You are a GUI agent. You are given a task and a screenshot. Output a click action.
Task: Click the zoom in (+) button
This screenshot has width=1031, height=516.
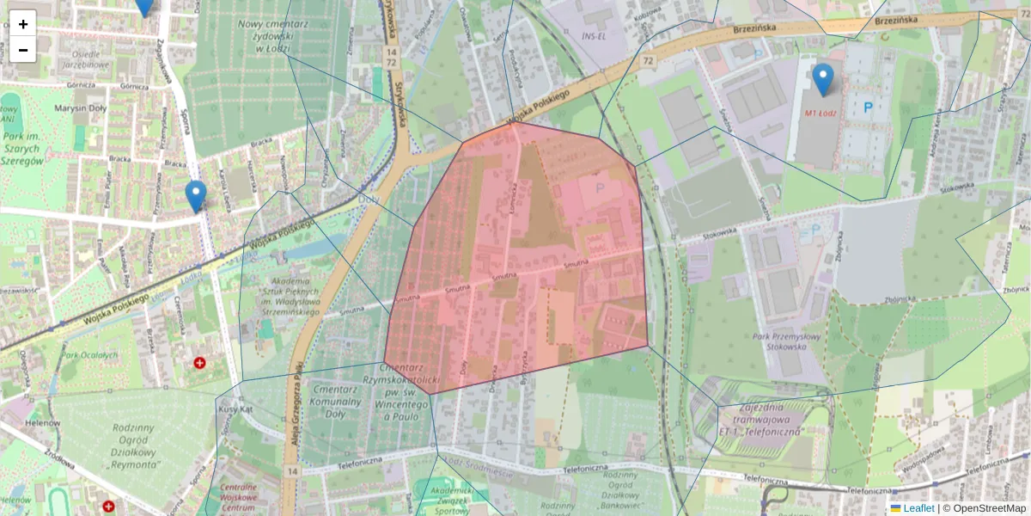(x=23, y=24)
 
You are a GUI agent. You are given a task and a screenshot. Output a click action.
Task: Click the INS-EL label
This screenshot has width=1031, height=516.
(x=595, y=36)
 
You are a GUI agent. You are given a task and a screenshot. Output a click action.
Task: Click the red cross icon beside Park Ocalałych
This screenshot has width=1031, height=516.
(x=200, y=364)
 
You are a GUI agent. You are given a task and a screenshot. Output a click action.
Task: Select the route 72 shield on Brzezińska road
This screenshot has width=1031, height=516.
(x=647, y=60)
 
